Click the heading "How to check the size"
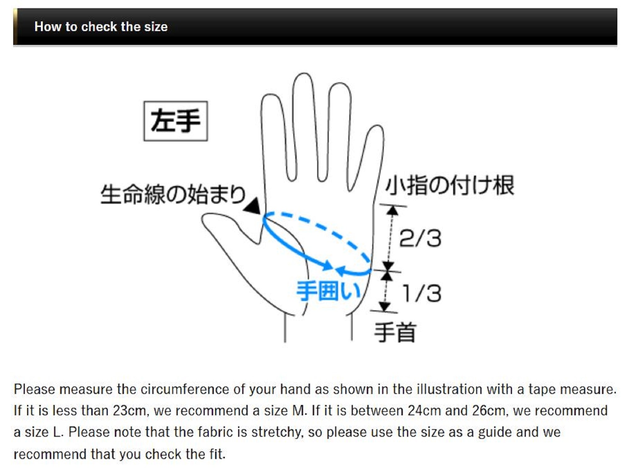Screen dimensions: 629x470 [x=101, y=27]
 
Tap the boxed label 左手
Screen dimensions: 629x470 [x=175, y=121]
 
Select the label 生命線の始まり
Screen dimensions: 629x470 [x=173, y=194]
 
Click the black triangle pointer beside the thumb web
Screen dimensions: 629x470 [x=252, y=206]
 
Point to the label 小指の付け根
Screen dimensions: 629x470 [x=450, y=186]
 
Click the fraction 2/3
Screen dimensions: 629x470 [x=420, y=238]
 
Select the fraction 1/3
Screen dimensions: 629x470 [x=422, y=293]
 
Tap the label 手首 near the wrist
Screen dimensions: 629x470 [x=395, y=332]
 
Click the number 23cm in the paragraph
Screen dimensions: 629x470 [x=129, y=411]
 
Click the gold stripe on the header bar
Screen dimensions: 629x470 [x=15, y=27]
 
